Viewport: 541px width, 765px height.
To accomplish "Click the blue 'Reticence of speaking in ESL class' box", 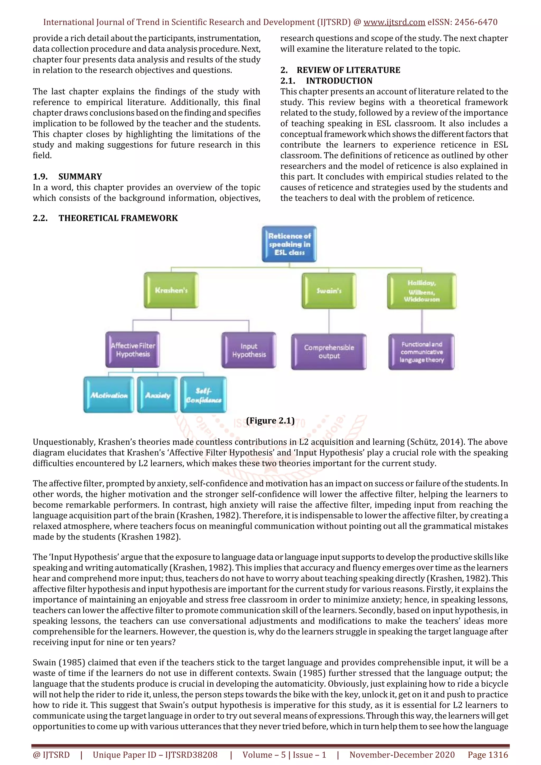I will point(289,244).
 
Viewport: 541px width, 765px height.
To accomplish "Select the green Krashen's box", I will point(171,290).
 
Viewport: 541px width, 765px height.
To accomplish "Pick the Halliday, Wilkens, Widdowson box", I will point(421,291).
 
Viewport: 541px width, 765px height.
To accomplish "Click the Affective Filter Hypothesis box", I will point(133,350).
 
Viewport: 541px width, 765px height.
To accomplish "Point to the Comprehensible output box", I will point(329,351).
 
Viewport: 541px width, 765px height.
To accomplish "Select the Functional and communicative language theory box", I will point(421,352).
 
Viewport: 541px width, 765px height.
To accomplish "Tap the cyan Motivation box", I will point(109,395).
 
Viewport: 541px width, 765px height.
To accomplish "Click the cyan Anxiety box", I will point(157,395).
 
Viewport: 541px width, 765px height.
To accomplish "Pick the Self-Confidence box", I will point(203,395).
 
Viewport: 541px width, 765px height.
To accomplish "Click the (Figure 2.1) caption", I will point(270,421).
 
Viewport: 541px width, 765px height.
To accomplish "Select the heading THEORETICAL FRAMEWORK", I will point(118,218).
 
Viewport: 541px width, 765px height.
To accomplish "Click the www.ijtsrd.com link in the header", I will point(394,22).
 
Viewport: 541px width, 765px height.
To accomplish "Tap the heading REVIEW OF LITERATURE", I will point(348,70).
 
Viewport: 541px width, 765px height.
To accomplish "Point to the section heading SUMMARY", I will point(80,177).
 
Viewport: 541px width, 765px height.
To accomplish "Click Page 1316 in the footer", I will point(488,755).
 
